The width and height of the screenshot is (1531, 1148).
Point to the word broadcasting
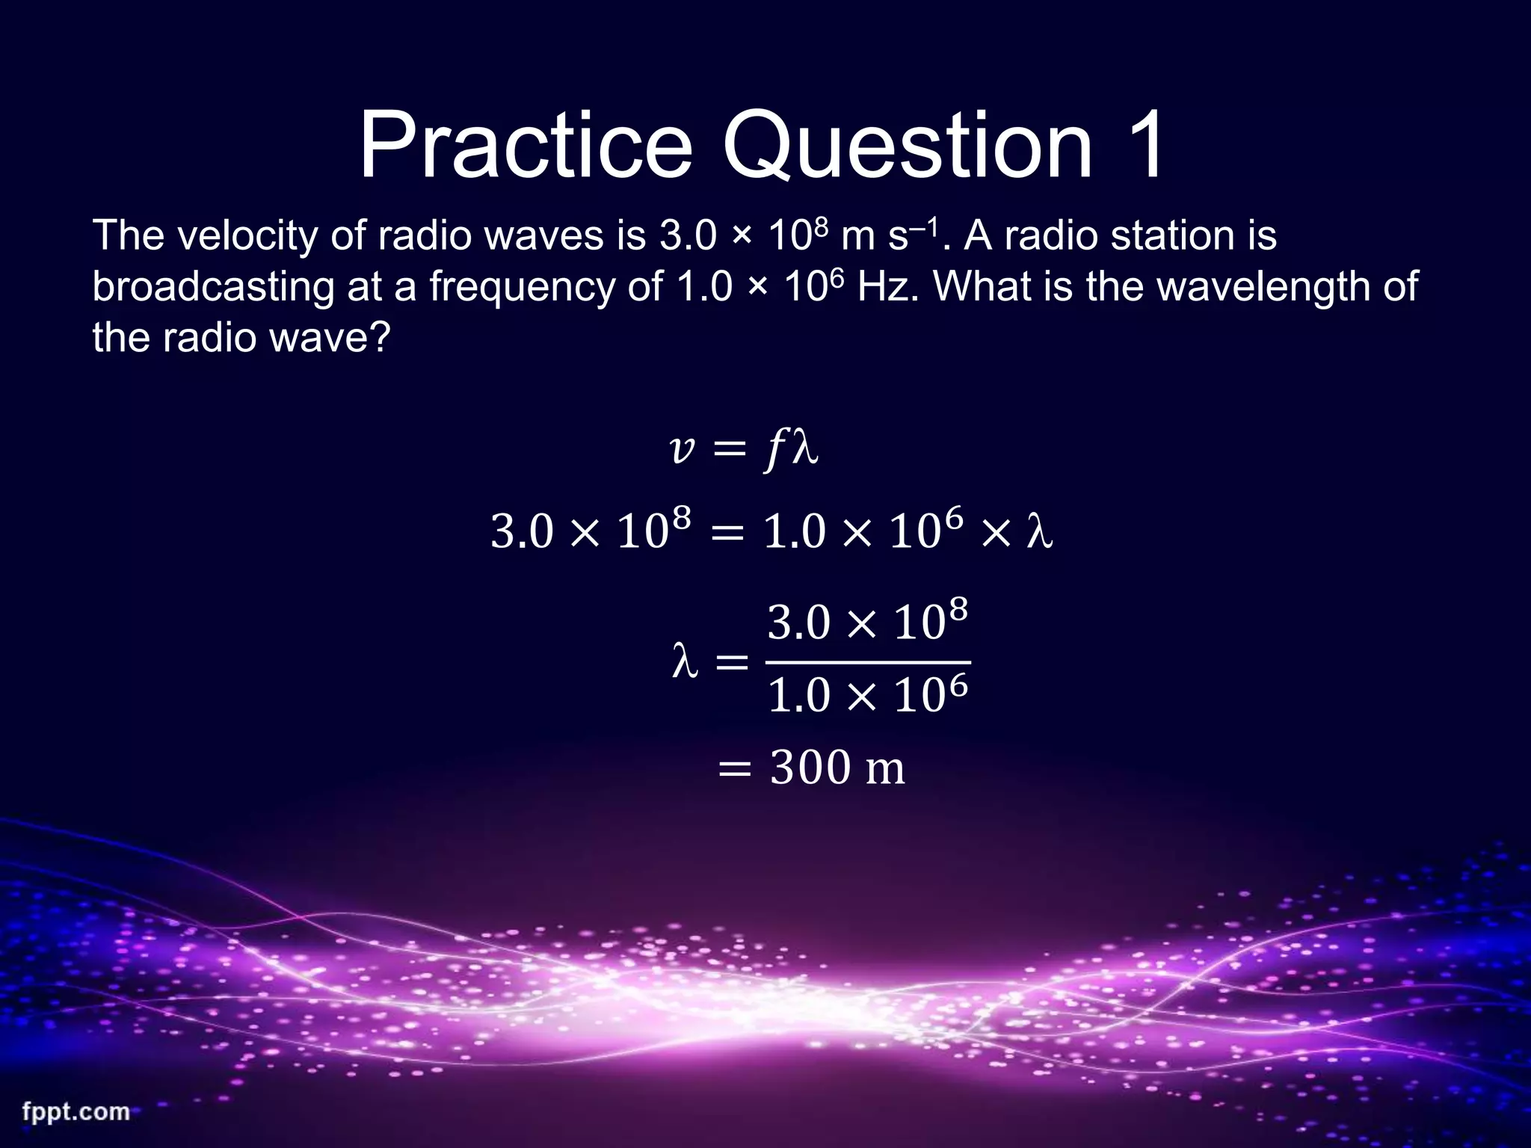[x=213, y=288]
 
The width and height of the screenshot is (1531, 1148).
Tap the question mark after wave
[x=380, y=338]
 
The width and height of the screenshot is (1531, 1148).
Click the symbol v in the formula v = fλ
[x=683, y=449]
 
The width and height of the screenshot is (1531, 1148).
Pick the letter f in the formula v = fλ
[x=774, y=451]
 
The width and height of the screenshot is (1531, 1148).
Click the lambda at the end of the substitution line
[x=1040, y=532]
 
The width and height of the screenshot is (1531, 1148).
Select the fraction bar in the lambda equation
[x=868, y=662]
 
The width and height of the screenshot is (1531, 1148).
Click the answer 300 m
[x=837, y=768]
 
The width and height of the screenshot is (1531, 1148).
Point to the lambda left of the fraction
[x=685, y=661]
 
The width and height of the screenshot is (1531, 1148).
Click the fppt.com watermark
[x=76, y=1111]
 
